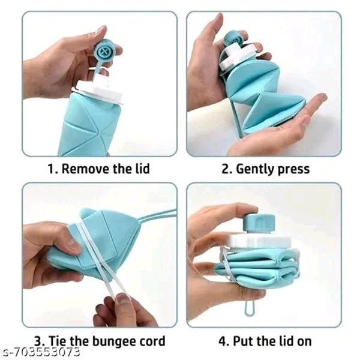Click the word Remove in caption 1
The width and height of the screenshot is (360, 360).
tap(85, 169)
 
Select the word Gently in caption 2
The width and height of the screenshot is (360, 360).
tap(256, 170)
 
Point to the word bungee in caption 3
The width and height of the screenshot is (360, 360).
tap(113, 342)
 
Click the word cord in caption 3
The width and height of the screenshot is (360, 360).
tap(152, 341)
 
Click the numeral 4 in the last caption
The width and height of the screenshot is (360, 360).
tap(223, 341)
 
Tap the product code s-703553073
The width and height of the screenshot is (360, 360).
tap(41, 352)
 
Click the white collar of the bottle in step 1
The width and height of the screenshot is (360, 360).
tap(97, 90)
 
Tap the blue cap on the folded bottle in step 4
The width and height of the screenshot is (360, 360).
tap(259, 223)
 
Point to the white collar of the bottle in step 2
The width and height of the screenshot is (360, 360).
tap(236, 55)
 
